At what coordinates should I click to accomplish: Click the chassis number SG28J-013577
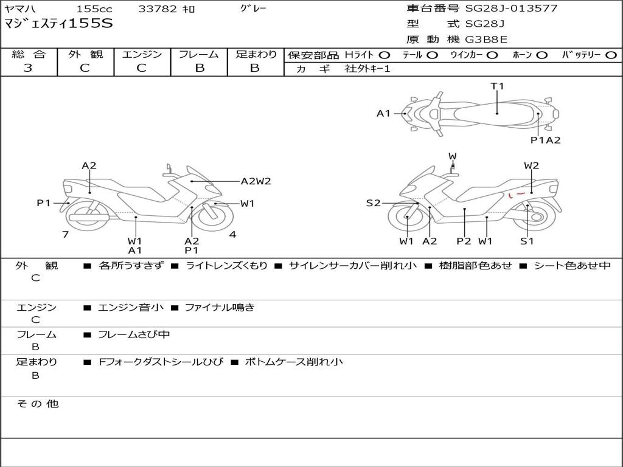pos(511,8)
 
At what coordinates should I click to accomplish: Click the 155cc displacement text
pos(94,9)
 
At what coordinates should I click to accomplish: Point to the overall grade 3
pos(28,68)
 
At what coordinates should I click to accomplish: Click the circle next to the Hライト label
pos(385,55)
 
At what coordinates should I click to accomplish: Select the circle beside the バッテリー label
pos(611,55)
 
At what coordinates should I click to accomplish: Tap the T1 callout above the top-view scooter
pos(497,86)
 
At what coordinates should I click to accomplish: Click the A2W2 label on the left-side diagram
pos(256,181)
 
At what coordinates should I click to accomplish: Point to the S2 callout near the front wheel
pos(373,203)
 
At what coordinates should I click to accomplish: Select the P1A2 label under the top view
pos(546,140)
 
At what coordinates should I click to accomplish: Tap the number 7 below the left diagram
pos(66,234)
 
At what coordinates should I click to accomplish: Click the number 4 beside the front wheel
pos(232,234)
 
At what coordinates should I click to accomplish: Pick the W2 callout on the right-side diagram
pos(531,165)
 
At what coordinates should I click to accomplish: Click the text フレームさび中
pos(134,334)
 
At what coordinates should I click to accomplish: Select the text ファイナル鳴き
pos(220,307)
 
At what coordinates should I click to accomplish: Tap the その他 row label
pos(38,404)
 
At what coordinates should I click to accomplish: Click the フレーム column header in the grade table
pos(199,54)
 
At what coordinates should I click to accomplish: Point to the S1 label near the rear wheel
pos(527,241)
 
